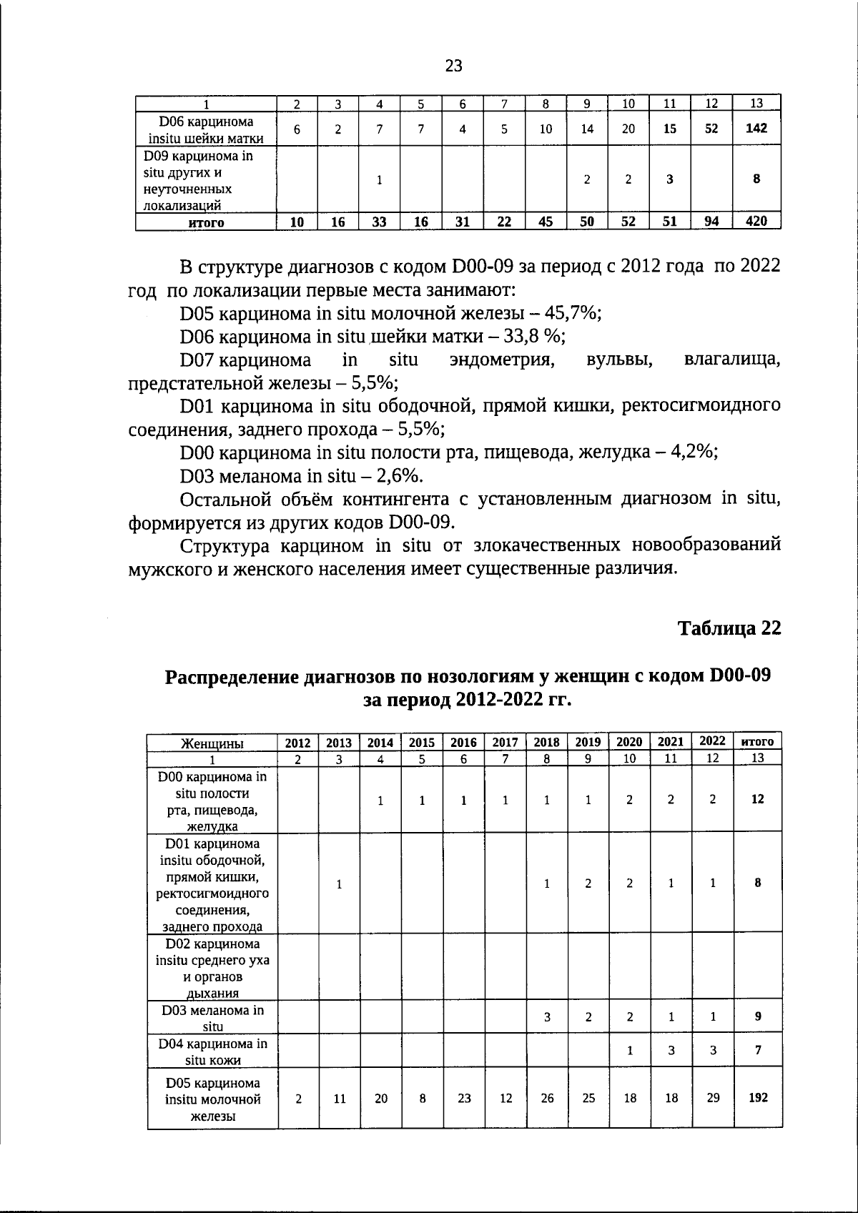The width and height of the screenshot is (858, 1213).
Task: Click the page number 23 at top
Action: pyautogui.click(x=453, y=66)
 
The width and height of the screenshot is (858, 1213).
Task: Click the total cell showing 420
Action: pyautogui.click(x=756, y=222)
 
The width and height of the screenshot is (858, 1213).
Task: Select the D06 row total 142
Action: pyautogui.click(x=756, y=129)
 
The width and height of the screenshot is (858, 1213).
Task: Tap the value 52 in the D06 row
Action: pyautogui.click(x=711, y=129)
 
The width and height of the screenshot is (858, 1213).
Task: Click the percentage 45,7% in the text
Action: pyautogui.click(x=573, y=313)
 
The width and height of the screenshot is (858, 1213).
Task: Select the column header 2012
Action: pyautogui.click(x=298, y=743)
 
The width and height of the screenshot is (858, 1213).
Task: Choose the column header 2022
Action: pyautogui.click(x=712, y=741)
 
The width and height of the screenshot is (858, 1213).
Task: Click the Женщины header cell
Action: pyautogui.click(x=212, y=743)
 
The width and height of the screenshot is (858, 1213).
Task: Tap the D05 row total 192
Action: pyautogui.click(x=758, y=1098)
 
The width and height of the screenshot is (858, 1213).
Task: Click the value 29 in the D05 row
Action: pyautogui.click(x=713, y=1098)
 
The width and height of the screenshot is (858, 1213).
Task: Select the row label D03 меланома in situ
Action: pyautogui.click(x=212, y=1018)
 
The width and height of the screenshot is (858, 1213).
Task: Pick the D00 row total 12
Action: pyautogui.click(x=758, y=799)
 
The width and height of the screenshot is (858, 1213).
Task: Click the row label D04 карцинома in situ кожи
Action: pyautogui.click(x=212, y=1051)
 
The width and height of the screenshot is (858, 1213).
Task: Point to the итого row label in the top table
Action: pyautogui.click(x=206, y=222)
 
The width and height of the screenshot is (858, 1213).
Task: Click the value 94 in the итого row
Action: pyautogui.click(x=711, y=222)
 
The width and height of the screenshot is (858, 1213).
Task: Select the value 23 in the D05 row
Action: pyautogui.click(x=464, y=1098)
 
